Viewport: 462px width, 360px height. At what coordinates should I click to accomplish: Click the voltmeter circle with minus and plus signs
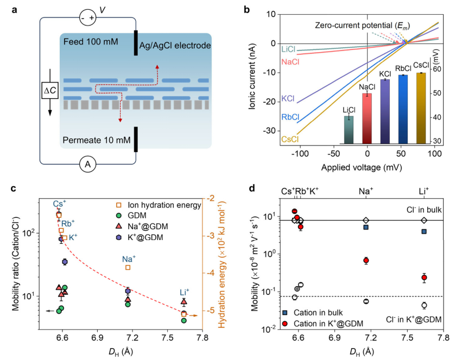tap(87, 17)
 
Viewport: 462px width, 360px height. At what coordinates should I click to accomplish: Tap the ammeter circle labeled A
tap(86, 164)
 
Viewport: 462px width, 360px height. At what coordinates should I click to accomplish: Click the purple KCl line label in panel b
tap(289, 99)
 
